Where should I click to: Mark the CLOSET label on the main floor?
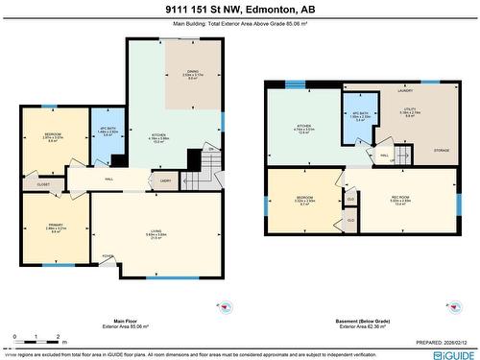pos(43,182)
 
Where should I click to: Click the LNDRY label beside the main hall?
pos(165,180)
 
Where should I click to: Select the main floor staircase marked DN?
pos(202,174)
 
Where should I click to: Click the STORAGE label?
pos(441,151)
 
